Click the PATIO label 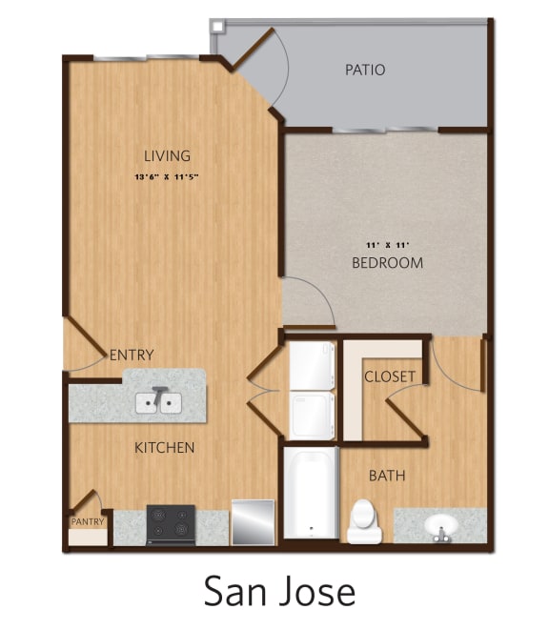[365, 70]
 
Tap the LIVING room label [167, 155]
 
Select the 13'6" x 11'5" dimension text [167, 177]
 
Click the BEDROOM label [387, 262]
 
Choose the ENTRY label [132, 355]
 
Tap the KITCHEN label [164, 447]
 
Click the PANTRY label [86, 521]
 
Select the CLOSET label [390, 376]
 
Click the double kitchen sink [159, 403]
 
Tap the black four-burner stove [171, 524]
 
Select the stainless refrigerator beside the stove [253, 523]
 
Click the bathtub [311, 494]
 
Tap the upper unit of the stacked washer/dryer [312, 365]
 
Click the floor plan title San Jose [279, 591]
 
